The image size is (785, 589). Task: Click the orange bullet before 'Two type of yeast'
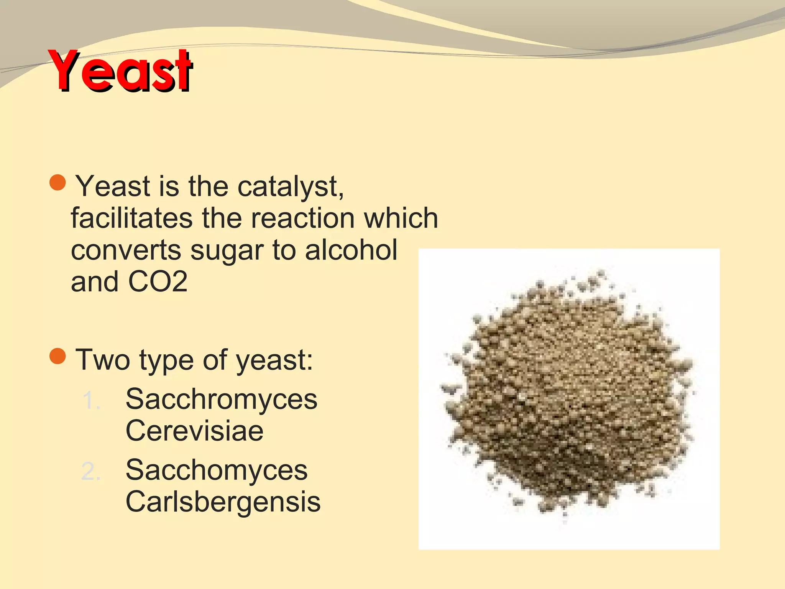click(58, 356)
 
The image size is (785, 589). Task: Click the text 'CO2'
click(158, 281)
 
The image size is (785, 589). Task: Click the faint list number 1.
click(91, 401)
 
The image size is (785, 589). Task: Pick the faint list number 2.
click(91, 471)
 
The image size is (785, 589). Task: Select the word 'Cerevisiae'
click(194, 431)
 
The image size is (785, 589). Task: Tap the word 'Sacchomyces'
click(217, 471)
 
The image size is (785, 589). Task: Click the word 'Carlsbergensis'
click(223, 502)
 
